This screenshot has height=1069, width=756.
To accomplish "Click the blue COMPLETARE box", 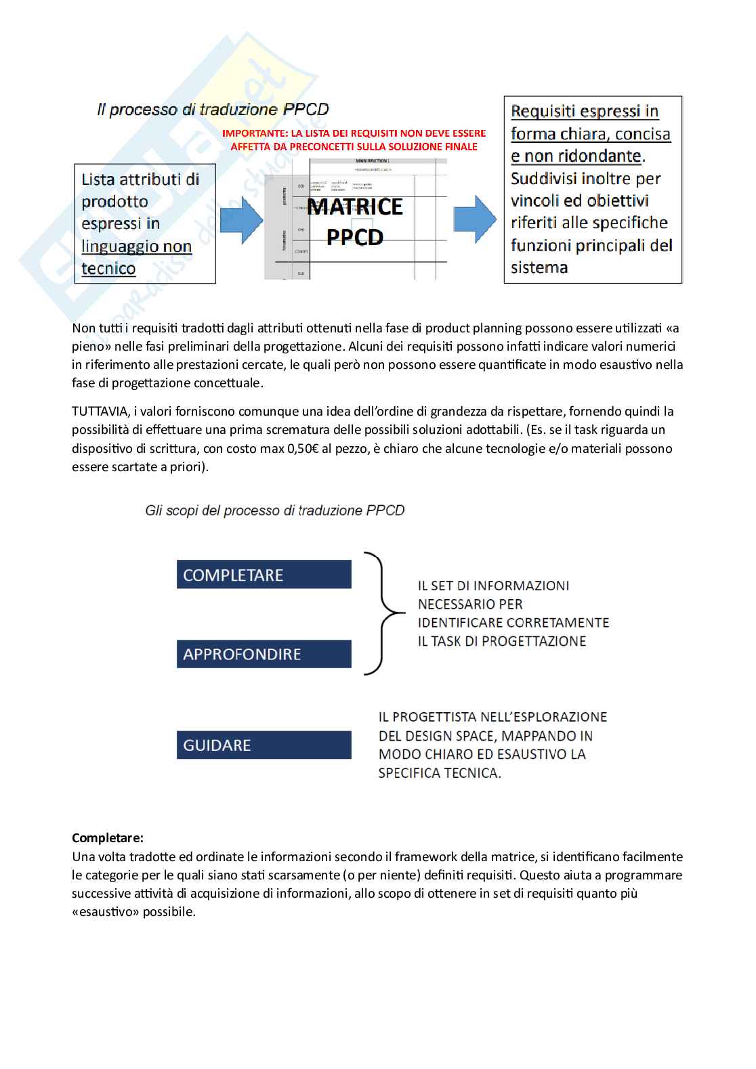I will [264, 575].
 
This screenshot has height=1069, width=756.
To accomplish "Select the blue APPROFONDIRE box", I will [264, 654].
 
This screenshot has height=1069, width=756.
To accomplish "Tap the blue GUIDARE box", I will [264, 745].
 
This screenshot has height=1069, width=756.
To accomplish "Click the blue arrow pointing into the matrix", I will [241, 220].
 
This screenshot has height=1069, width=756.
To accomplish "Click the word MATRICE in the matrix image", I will [355, 207].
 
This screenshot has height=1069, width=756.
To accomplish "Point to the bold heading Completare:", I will [108, 838].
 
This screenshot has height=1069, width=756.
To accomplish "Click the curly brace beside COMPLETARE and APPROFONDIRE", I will [383, 613].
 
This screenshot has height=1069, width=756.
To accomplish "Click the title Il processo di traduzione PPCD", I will [213, 110].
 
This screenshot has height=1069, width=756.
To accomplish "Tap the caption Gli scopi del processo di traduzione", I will [274, 510].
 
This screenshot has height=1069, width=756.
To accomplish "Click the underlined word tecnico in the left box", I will [108, 269].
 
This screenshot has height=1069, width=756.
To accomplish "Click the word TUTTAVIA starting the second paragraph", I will [100, 412].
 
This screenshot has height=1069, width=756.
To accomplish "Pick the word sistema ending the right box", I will [539, 267].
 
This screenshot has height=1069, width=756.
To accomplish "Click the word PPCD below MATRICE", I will [355, 237].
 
